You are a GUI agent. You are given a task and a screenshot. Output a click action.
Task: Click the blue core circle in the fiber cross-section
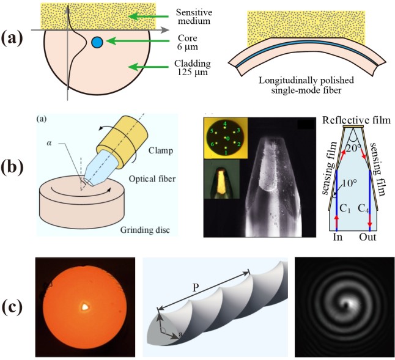point(97,42)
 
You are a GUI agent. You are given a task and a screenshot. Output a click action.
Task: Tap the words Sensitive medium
point(194,17)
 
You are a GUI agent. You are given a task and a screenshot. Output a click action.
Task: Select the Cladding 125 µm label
point(193,68)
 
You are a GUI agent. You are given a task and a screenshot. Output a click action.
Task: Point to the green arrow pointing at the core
point(138,41)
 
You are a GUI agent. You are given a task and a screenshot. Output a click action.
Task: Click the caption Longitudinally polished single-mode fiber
point(306,85)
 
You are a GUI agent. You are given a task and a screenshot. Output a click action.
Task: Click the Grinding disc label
point(145,230)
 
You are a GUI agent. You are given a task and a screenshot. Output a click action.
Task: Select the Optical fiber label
point(152,178)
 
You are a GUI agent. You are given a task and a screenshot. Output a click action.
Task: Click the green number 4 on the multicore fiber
point(225,123)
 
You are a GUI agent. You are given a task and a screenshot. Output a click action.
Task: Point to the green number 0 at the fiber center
point(228,139)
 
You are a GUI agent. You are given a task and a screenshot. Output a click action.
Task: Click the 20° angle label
point(355,149)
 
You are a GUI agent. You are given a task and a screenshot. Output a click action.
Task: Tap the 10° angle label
point(349,183)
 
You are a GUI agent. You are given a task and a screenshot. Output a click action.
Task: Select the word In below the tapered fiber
point(338,237)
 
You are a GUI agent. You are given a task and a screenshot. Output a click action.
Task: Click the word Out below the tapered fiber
point(367,237)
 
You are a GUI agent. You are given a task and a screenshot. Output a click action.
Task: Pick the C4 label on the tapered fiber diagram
point(364,208)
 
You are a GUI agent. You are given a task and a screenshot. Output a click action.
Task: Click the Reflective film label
point(356,120)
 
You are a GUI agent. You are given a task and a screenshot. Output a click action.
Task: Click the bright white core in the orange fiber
point(85,306)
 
